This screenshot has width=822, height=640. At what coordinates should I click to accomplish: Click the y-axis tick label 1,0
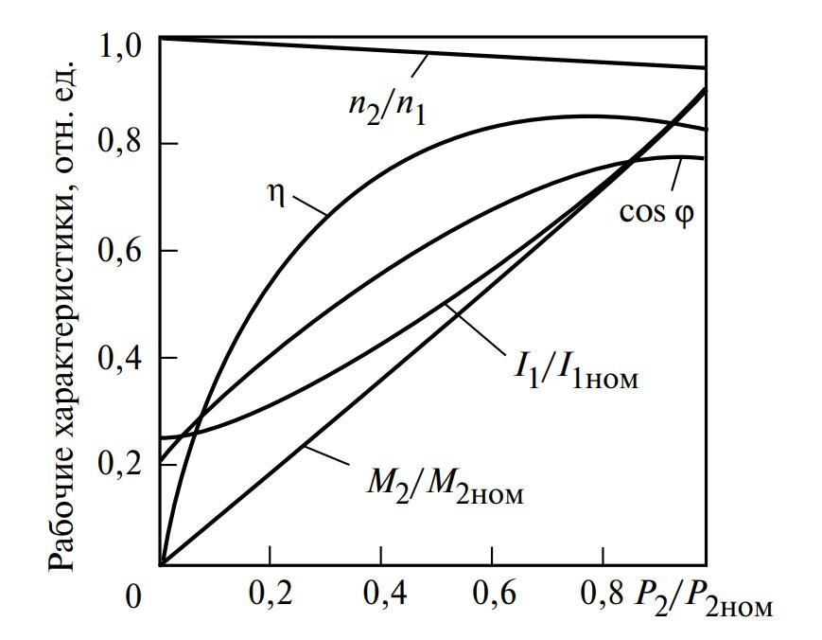(x=121, y=44)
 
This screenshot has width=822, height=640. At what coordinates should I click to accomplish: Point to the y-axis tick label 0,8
(x=121, y=145)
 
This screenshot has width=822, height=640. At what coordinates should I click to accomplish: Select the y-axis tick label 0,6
(x=121, y=252)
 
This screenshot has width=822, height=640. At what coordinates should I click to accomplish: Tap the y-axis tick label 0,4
(x=121, y=359)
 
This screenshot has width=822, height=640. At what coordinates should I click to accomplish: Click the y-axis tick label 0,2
(x=121, y=466)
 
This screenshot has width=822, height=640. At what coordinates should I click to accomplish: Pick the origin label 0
(x=135, y=596)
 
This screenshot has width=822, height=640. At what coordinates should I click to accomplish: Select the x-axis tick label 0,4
(x=380, y=596)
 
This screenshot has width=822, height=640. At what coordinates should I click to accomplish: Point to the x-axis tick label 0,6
(x=490, y=596)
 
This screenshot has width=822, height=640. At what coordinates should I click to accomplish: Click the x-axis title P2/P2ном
(x=705, y=599)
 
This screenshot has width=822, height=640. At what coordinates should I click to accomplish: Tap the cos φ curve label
(x=656, y=211)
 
